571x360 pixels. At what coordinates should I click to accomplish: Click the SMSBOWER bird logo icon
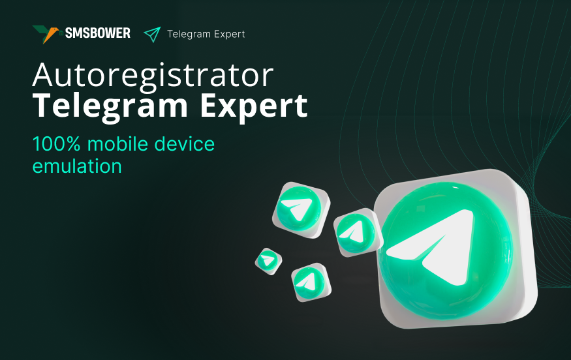(x=47, y=34)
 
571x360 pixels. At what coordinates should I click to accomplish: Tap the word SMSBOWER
(x=97, y=33)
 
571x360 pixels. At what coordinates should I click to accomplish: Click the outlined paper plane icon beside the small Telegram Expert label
(x=152, y=34)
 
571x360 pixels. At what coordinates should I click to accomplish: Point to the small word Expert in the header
(x=228, y=35)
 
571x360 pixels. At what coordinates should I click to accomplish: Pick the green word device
(x=184, y=143)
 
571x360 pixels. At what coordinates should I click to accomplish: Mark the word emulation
(x=77, y=166)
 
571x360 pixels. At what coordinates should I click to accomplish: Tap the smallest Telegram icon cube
(x=268, y=260)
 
